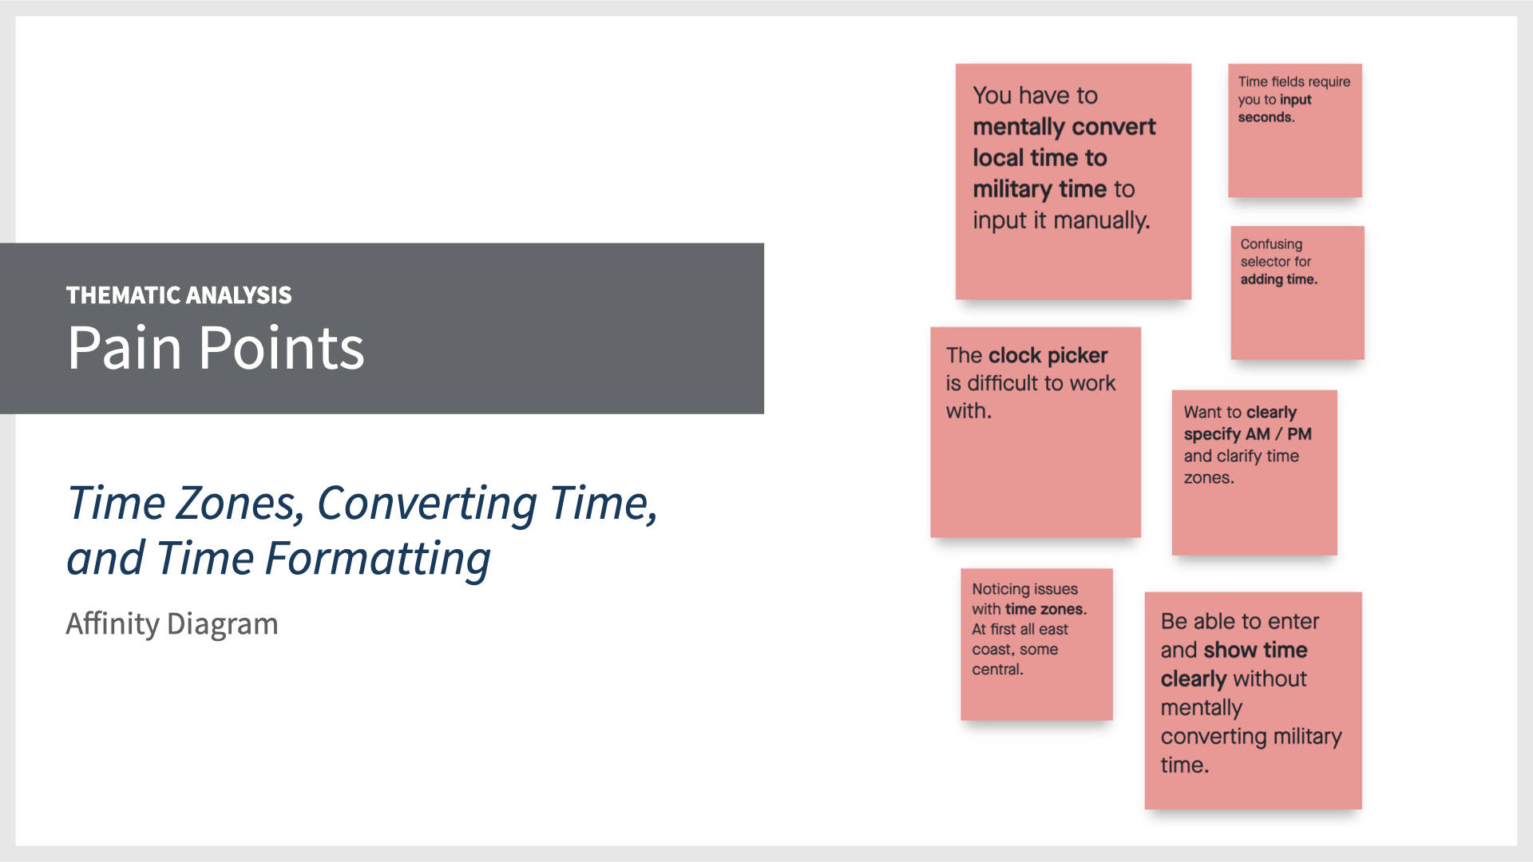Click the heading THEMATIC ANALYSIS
click(179, 295)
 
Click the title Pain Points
click(216, 348)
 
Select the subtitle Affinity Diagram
click(172, 623)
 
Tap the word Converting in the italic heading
click(427, 504)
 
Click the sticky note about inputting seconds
click(1294, 130)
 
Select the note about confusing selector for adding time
click(1297, 292)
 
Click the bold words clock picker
click(1048, 355)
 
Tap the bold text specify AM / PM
click(1247, 434)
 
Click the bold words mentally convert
click(1064, 127)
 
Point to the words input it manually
click(1060, 220)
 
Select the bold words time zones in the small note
click(1044, 609)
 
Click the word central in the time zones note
click(996, 670)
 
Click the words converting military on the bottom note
click(1250, 736)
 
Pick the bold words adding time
click(1277, 279)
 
